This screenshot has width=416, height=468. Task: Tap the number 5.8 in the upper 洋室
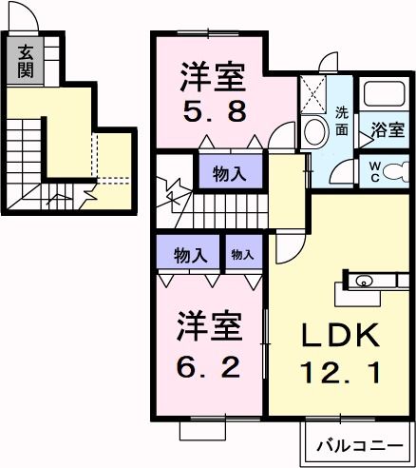tap(215, 111)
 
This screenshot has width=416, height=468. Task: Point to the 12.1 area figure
tap(342, 371)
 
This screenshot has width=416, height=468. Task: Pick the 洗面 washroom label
tap(342, 123)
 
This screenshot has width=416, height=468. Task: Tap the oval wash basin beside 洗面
tap(311, 132)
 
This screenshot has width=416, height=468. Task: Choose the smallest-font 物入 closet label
tap(242, 254)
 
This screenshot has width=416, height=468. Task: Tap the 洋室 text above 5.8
tap(215, 73)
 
